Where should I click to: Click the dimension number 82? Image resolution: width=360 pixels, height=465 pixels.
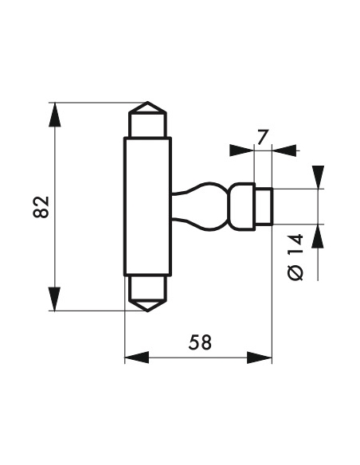point(41,207)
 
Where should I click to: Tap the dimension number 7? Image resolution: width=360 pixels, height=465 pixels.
point(263,137)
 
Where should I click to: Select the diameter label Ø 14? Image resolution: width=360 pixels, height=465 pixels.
point(295,257)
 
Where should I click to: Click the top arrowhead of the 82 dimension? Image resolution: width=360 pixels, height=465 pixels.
point(55,115)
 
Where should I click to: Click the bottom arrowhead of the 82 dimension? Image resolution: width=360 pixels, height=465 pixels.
point(55,299)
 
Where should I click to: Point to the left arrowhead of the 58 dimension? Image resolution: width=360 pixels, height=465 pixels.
point(137,358)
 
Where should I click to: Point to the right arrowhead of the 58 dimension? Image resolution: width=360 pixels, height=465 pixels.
point(260,358)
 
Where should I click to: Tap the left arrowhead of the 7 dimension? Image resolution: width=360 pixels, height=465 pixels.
point(242,150)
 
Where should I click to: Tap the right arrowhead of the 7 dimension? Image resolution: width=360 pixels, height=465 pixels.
point(284,150)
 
